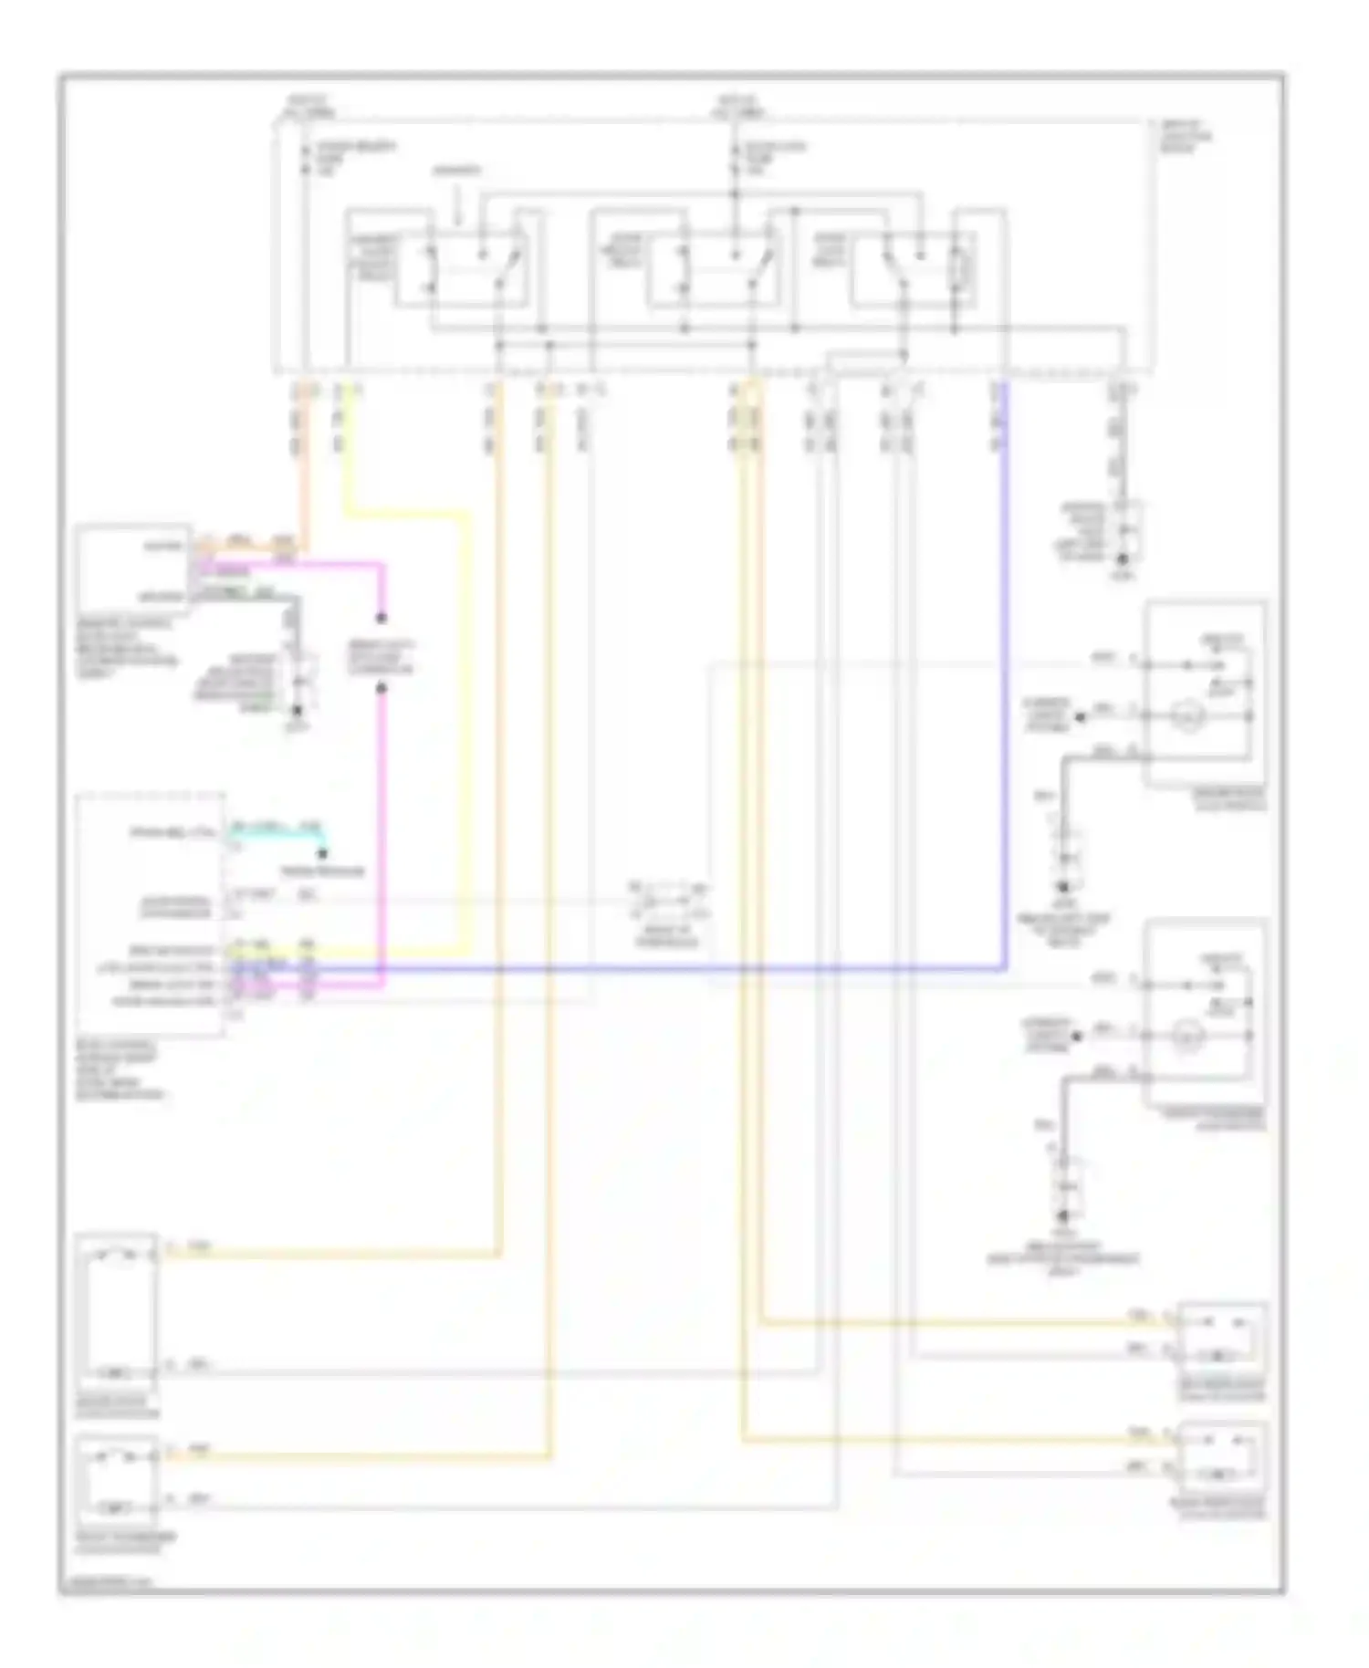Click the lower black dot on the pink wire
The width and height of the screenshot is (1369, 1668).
(381, 688)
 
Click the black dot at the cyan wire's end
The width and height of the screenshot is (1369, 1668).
(322, 854)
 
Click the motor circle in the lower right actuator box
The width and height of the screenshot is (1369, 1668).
(1186, 1037)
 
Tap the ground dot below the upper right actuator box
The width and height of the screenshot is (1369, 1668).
(1063, 886)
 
